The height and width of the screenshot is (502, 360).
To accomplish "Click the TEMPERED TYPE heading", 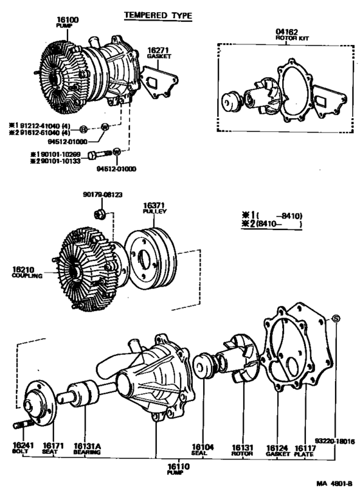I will click(x=157, y=15).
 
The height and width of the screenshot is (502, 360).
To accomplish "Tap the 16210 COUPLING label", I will click(x=27, y=273).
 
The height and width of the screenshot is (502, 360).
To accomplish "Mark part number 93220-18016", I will click(x=337, y=441).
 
